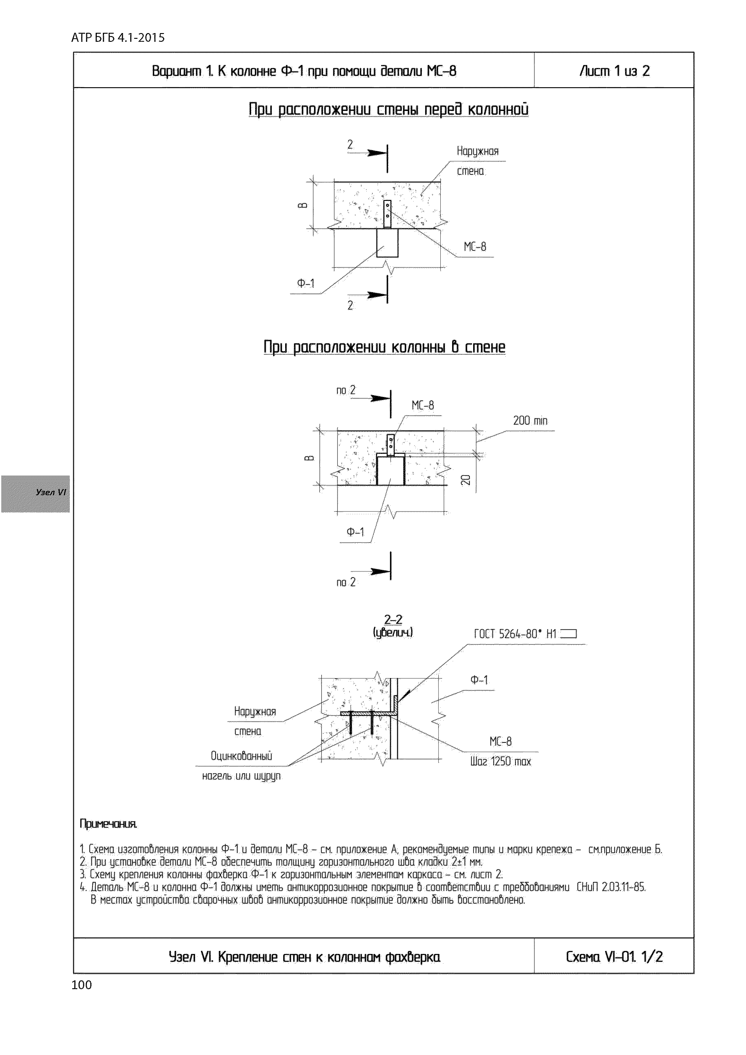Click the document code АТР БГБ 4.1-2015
[x=118, y=38]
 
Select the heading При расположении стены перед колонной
[x=388, y=109]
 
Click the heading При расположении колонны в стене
[x=384, y=347]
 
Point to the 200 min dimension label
[x=530, y=420]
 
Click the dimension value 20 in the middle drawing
[x=466, y=480]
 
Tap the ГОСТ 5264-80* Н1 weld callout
[x=525, y=634]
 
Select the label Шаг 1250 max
[x=500, y=761]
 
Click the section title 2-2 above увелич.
[x=393, y=620]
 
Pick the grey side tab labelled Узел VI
[x=36, y=494]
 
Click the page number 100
[x=82, y=985]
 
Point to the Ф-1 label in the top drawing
[x=306, y=284]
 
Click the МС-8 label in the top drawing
[x=475, y=247]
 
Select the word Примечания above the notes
[x=109, y=824]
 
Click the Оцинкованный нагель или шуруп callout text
[x=241, y=766]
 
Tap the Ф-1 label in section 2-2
[x=479, y=680]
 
